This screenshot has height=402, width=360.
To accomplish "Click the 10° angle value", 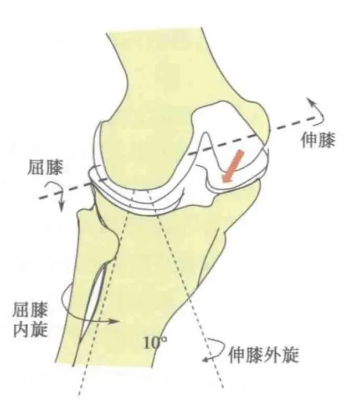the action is [155, 343].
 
